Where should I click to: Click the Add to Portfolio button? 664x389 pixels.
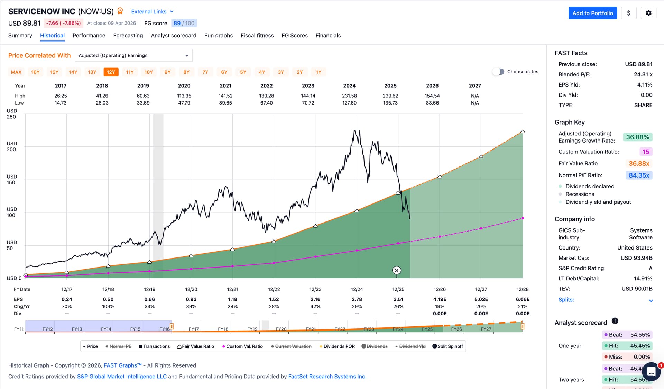pyautogui.click(x=592, y=13)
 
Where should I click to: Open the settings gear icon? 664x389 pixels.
pyautogui.click(x=648, y=13)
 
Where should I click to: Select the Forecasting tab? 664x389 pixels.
pyautogui.click(x=128, y=35)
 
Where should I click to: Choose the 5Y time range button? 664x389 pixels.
pyautogui.click(x=243, y=72)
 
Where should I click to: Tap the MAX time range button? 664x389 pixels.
pyautogui.click(x=16, y=72)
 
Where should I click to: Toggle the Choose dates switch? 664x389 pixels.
pyautogui.click(x=498, y=72)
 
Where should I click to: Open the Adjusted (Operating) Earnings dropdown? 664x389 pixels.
pyautogui.click(x=133, y=55)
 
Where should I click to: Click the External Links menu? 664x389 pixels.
pyautogui.click(x=152, y=11)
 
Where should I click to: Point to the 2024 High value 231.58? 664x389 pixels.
pyautogui.click(x=349, y=96)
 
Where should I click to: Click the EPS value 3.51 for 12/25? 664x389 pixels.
pyautogui.click(x=398, y=299)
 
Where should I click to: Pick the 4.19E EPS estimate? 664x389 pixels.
pyautogui.click(x=440, y=299)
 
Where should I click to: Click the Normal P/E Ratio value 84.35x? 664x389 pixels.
pyautogui.click(x=639, y=175)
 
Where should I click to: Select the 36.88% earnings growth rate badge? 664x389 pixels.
pyautogui.click(x=637, y=137)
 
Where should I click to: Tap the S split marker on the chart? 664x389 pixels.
pyautogui.click(x=396, y=270)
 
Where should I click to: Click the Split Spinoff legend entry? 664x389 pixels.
pyautogui.click(x=448, y=346)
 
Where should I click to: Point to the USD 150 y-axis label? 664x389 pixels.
pyautogui.click(x=11, y=179)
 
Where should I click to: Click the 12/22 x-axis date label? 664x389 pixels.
pyautogui.click(x=274, y=289)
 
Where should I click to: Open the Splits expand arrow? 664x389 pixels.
pyautogui.click(x=651, y=300)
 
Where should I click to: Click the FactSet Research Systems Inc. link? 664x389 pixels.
pyautogui.click(x=327, y=377)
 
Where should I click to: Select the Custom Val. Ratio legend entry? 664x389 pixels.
pyautogui.click(x=242, y=346)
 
